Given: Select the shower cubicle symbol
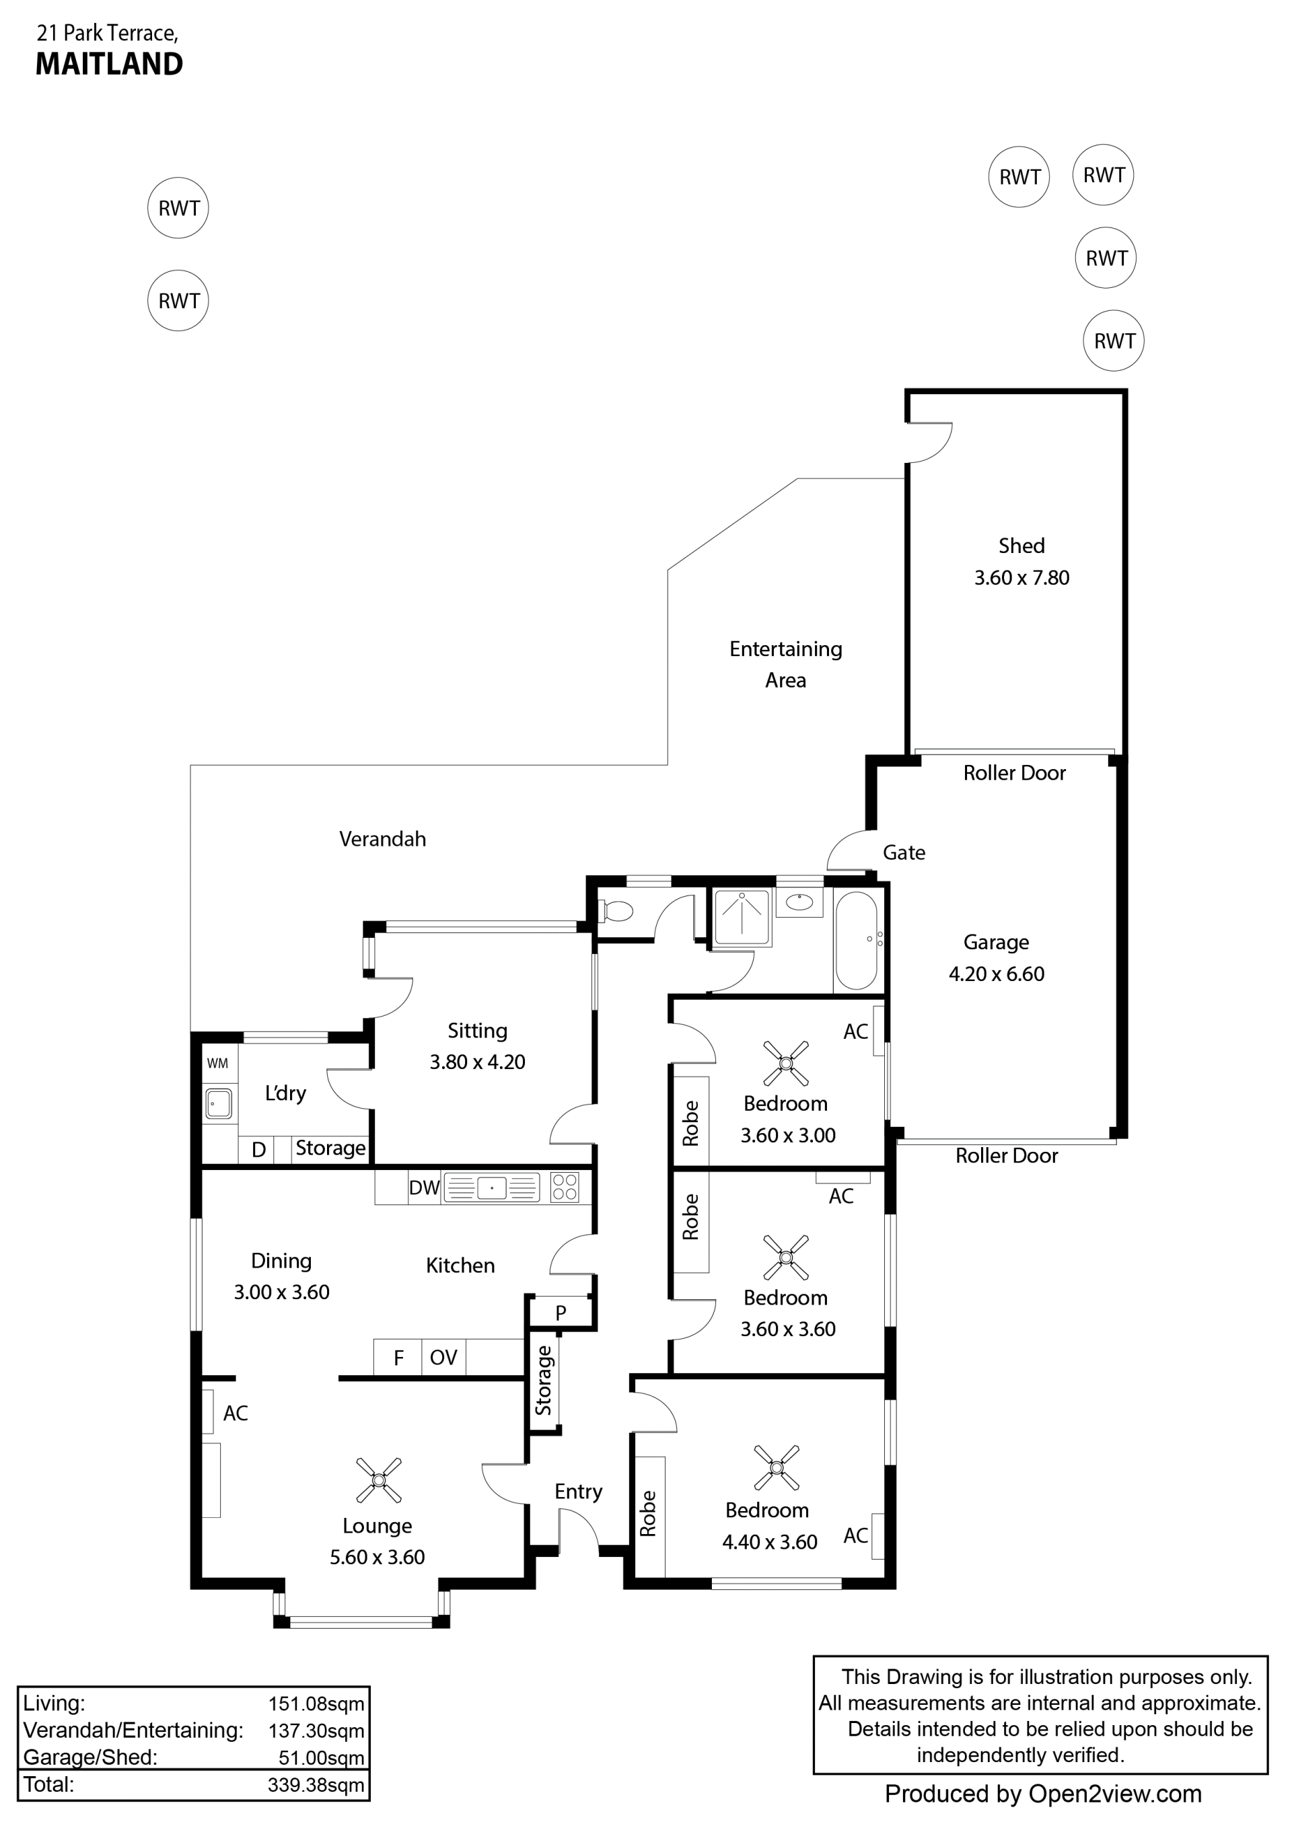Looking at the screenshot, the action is click(x=742, y=917).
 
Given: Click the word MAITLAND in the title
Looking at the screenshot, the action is click(x=109, y=64).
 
